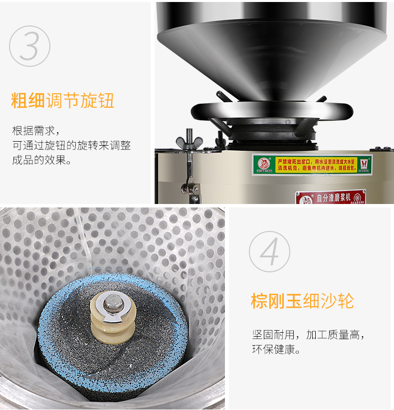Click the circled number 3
30,46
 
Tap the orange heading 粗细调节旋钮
63,100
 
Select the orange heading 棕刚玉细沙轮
302,301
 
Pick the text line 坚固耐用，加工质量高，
308,335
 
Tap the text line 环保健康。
276,350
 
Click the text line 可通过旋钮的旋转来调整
71,146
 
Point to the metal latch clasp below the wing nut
190,188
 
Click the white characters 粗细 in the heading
28,100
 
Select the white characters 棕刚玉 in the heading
276,301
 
